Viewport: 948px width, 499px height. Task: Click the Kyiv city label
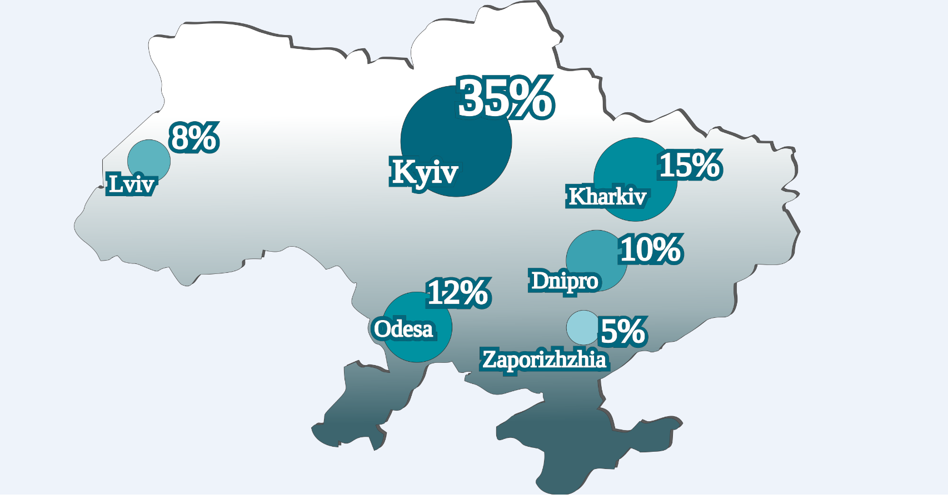[425, 172]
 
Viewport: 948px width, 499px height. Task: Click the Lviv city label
[131, 184]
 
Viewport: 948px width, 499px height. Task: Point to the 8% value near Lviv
[193, 138]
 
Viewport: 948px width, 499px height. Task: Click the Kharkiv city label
[607, 197]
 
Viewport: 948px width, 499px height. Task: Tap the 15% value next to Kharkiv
[690, 165]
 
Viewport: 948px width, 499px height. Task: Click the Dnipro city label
[564, 281]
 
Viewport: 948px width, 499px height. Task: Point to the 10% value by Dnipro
[650, 249]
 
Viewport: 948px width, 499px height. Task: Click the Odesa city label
[403, 329]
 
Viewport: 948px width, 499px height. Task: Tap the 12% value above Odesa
[458, 293]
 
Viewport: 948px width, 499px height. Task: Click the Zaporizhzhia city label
[543, 360]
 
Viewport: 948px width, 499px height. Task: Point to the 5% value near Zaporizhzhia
[622, 332]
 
